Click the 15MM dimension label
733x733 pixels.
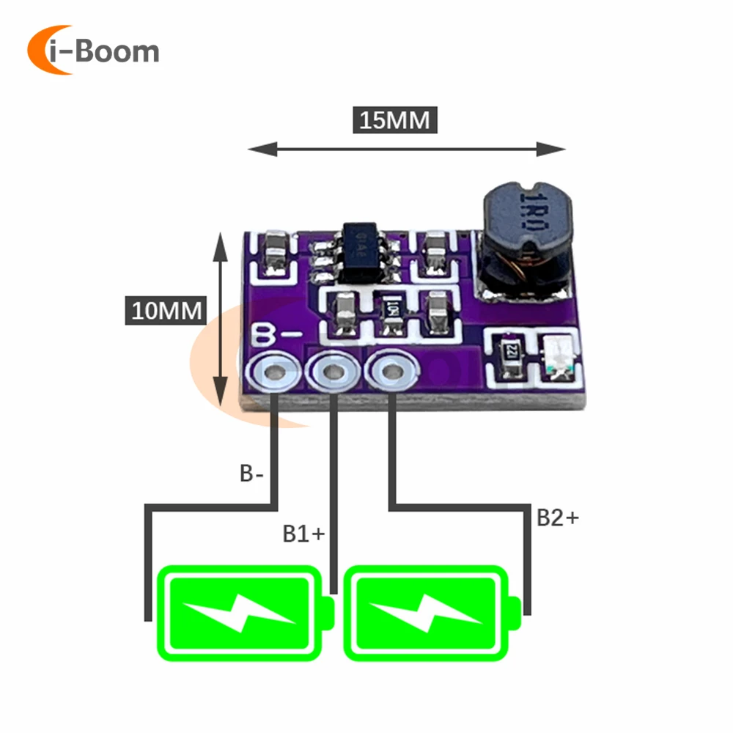point(395,119)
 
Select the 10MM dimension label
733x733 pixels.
point(166,310)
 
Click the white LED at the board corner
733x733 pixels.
point(561,358)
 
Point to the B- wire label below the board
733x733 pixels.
point(251,473)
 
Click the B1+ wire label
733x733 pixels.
point(303,533)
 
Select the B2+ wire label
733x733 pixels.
point(557,517)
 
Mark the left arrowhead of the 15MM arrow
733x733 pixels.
point(254,150)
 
